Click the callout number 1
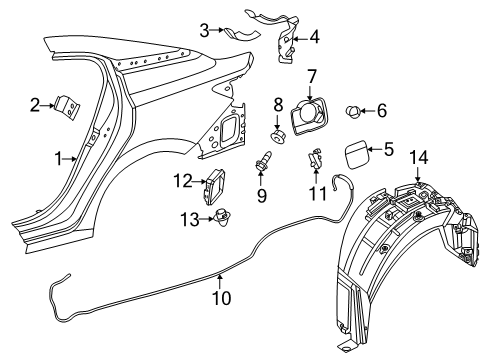point(58,158)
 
